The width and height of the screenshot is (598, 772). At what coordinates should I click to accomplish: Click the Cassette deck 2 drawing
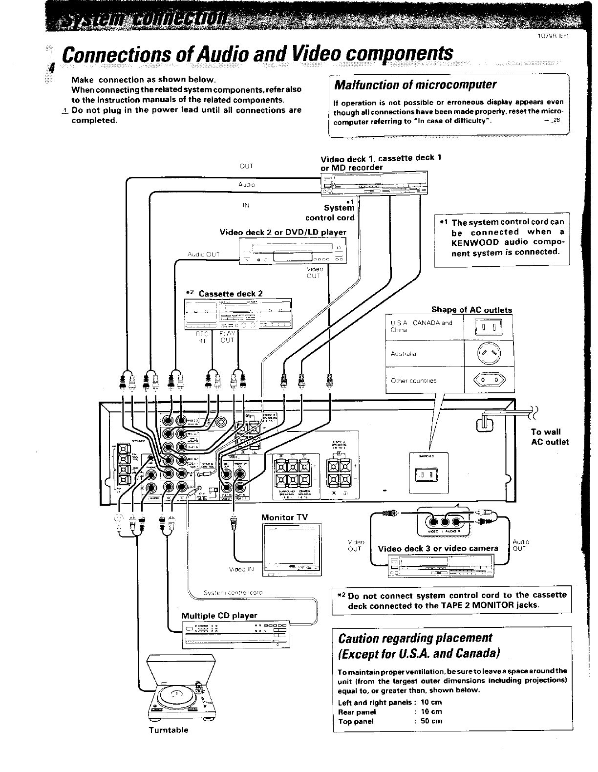[237, 313]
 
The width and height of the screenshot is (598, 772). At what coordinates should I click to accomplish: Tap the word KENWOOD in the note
[475, 242]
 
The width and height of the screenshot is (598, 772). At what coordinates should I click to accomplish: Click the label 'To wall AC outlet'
[550, 437]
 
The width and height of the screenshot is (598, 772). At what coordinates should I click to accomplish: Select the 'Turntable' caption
[169, 730]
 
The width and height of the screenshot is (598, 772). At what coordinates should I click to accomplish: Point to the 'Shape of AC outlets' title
[471, 310]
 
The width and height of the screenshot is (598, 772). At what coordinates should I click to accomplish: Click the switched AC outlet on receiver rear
[428, 474]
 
